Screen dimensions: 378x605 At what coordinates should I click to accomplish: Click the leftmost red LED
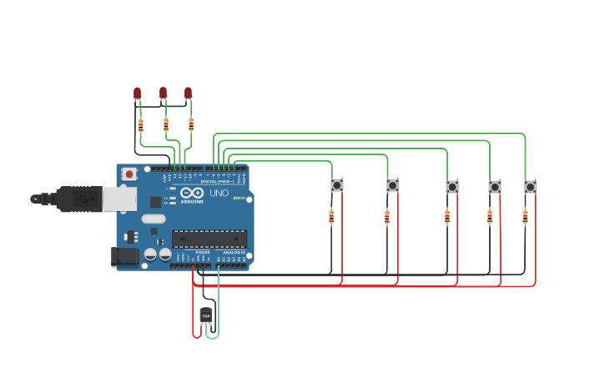click(138, 93)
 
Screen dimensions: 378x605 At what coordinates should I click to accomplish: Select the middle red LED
click(163, 92)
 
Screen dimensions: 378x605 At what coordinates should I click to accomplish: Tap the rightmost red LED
click(188, 92)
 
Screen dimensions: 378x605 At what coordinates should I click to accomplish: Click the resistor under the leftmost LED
click(140, 124)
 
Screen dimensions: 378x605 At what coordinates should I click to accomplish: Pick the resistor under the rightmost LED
click(191, 124)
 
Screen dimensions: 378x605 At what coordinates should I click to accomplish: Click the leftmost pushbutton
click(337, 185)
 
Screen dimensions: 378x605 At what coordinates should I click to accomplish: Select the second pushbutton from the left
click(392, 185)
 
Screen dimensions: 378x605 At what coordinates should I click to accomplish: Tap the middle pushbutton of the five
click(451, 187)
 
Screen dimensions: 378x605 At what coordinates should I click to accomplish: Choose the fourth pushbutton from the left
click(495, 187)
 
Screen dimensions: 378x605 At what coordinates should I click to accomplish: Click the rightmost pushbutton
click(530, 186)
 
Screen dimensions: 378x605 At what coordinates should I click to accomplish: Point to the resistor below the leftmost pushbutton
click(331, 217)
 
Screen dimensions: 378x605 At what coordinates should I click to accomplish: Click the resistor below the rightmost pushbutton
click(525, 217)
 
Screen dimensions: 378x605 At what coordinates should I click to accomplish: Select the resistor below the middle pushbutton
click(446, 217)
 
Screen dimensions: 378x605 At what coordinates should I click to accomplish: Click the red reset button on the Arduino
click(129, 174)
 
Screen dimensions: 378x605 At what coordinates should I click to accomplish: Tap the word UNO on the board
click(219, 194)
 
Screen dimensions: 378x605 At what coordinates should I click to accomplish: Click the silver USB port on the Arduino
click(118, 199)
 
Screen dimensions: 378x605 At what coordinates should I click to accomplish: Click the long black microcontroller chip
click(209, 239)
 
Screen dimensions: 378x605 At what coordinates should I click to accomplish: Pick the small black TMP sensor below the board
click(206, 315)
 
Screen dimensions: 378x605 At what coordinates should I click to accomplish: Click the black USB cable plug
click(79, 199)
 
